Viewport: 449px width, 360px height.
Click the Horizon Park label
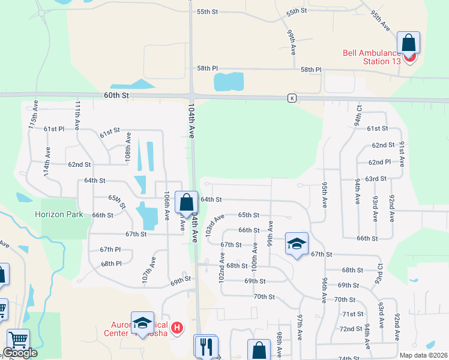58,214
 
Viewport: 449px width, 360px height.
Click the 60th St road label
116,95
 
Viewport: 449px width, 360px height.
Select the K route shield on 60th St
292,98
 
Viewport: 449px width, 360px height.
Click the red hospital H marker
177,328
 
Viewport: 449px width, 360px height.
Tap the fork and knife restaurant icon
205,346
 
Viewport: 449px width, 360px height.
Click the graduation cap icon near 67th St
297,244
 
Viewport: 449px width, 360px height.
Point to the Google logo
20,353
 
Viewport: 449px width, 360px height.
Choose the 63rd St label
376,179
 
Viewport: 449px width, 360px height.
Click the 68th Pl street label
111,263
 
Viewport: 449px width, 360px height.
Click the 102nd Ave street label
221,267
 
